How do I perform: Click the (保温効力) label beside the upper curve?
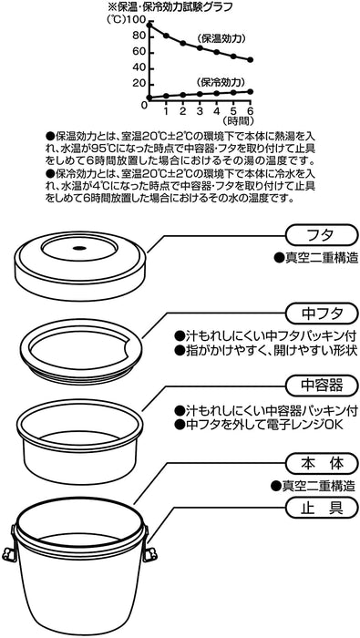(x=220, y=39)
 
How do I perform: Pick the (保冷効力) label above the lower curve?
(x=220, y=80)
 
